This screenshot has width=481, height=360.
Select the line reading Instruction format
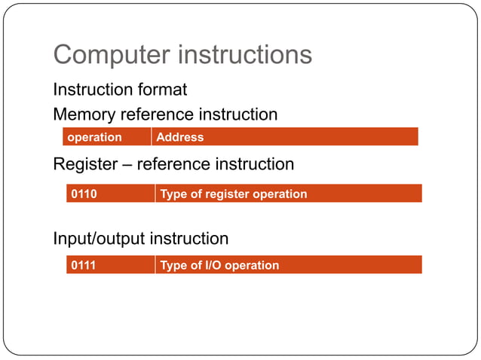(120, 90)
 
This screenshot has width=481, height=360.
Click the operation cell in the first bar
(94, 137)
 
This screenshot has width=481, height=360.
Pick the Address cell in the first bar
(179, 137)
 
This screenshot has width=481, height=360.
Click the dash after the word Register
(125, 163)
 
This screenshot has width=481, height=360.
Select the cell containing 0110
(84, 194)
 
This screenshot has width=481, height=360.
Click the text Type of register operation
(234, 194)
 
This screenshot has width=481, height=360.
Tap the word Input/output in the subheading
(98, 239)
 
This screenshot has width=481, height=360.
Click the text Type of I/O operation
(219, 265)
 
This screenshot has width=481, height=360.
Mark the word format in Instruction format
(161, 90)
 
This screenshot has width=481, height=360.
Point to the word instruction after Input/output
(188, 239)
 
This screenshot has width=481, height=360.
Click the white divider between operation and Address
(152, 137)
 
